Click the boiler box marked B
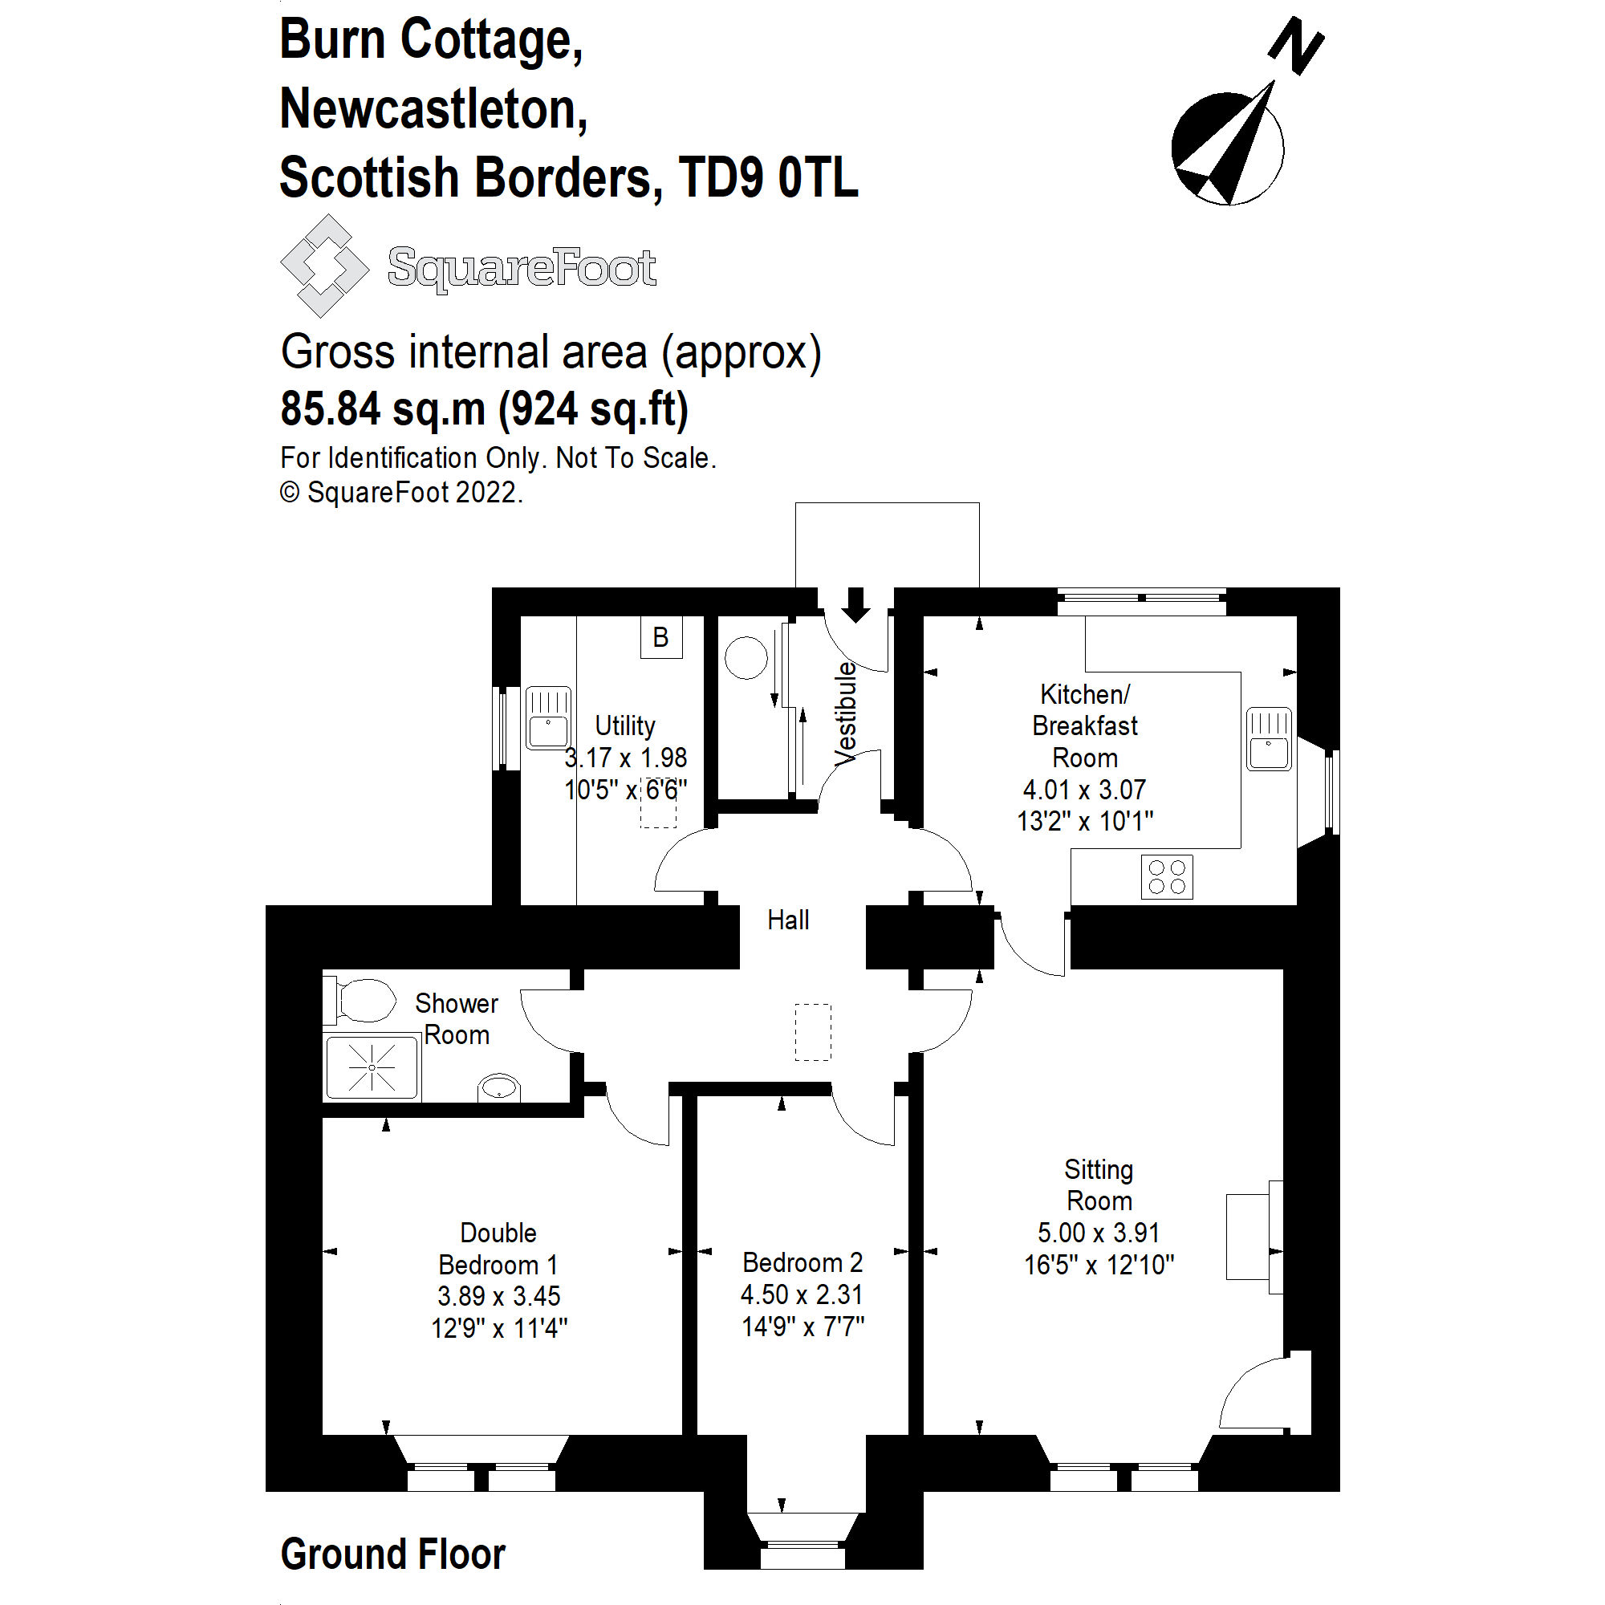click(x=660, y=637)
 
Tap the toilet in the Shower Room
click(x=364, y=999)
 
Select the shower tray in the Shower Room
click(x=372, y=1067)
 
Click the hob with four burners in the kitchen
click(x=1166, y=876)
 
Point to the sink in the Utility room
click(x=548, y=717)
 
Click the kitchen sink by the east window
click(x=1269, y=738)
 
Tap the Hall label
click(x=787, y=920)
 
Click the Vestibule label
click(x=846, y=713)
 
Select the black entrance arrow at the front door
click(x=855, y=604)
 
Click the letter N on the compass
click(x=1296, y=46)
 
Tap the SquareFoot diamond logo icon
click(x=324, y=266)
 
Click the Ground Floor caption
click(x=393, y=1554)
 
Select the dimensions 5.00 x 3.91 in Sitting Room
click(x=1099, y=1232)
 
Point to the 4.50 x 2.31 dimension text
click(x=802, y=1294)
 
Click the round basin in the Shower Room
click(x=498, y=1087)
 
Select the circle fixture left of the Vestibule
click(x=746, y=657)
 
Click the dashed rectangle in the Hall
click(x=812, y=1032)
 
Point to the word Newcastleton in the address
click(x=433, y=109)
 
